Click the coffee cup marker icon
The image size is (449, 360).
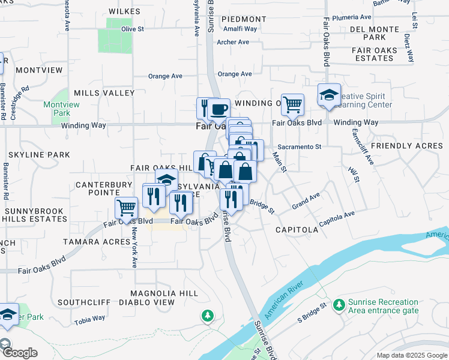pyautogui.click(x=219, y=109)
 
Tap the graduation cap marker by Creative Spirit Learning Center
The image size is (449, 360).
pyautogui.click(x=329, y=95)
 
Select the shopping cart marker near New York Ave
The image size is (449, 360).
pyautogui.click(x=126, y=208)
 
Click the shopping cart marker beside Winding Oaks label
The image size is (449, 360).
pyautogui.click(x=292, y=104)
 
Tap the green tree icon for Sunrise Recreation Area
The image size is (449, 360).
pyautogui.click(x=339, y=305)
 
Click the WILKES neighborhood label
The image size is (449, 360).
pyautogui.click(x=125, y=11)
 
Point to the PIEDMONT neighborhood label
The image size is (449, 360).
pyautogui.click(x=244, y=19)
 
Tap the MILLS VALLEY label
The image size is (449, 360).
pyautogui.click(x=104, y=93)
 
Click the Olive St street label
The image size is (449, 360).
pyautogui.click(x=133, y=29)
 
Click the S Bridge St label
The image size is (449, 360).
pyautogui.click(x=312, y=315)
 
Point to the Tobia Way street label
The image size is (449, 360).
pyautogui.click(x=89, y=319)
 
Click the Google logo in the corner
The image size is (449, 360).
pyautogui.click(x=19, y=352)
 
